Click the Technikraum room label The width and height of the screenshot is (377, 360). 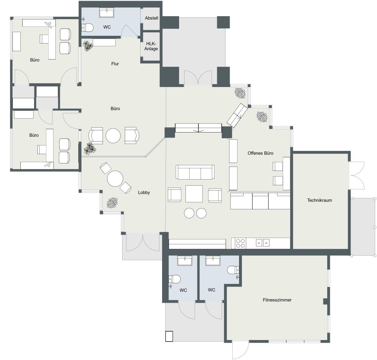coord(319,200)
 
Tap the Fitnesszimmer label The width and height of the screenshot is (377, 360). coord(277,300)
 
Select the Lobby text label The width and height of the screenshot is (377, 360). coord(144,192)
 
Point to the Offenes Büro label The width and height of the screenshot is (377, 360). coord(260,153)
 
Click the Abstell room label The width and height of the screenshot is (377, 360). coord(151,18)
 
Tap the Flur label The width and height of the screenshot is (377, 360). coord(115,64)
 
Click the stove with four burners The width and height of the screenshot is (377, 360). coord(241,243)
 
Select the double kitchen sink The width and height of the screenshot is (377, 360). coord(263,243)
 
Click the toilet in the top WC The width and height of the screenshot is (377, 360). coord(88,27)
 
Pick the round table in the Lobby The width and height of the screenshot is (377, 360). coord(115,179)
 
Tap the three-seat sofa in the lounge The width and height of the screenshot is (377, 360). coord(195,172)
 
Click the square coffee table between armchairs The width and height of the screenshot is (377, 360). coord(194,194)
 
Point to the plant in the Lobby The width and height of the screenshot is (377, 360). coord(112,203)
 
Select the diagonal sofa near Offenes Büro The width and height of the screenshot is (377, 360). coord(237,115)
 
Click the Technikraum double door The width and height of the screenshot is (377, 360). coord(357,175)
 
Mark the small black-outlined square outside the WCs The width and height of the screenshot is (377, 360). coord(169,336)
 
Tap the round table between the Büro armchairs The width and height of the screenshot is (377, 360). coord(113,136)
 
